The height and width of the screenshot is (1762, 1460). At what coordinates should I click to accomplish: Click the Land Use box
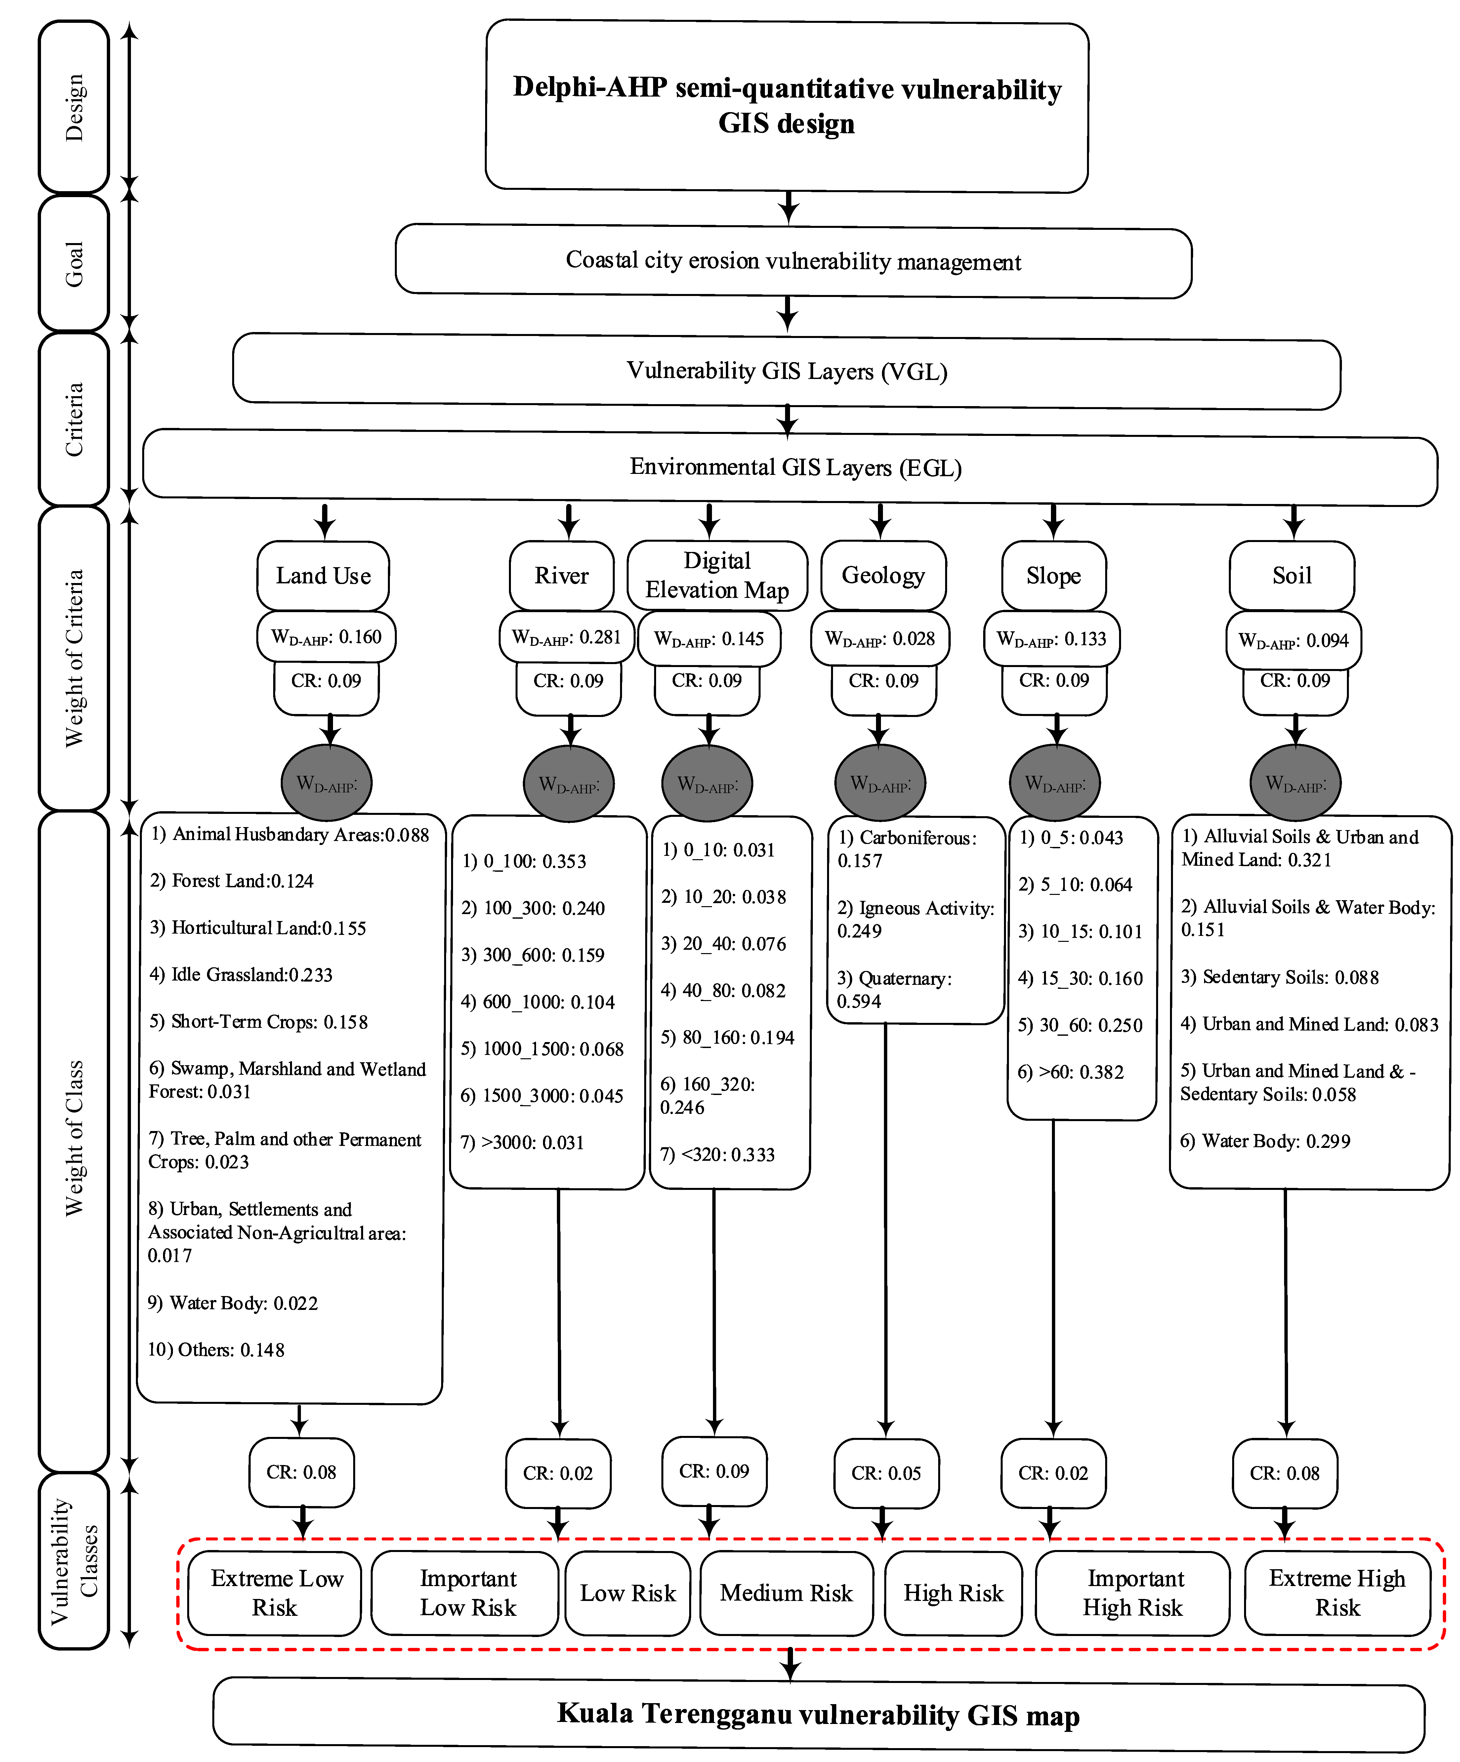[323, 575]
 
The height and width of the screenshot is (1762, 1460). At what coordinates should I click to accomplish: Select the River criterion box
[561, 575]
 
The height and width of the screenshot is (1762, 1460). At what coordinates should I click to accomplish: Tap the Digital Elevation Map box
[717, 575]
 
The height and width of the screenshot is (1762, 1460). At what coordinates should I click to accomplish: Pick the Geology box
[884, 575]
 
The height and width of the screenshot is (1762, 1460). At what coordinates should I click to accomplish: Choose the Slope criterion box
[1054, 575]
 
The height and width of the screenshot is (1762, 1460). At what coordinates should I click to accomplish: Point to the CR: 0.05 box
[886, 1473]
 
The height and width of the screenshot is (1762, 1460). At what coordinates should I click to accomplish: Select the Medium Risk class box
[786, 1593]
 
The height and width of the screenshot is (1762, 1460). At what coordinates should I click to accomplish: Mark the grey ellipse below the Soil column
[1296, 783]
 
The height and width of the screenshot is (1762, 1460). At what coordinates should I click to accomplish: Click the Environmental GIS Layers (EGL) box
[790, 467]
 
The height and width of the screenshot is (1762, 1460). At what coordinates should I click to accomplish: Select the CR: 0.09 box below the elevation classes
[714, 1471]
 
